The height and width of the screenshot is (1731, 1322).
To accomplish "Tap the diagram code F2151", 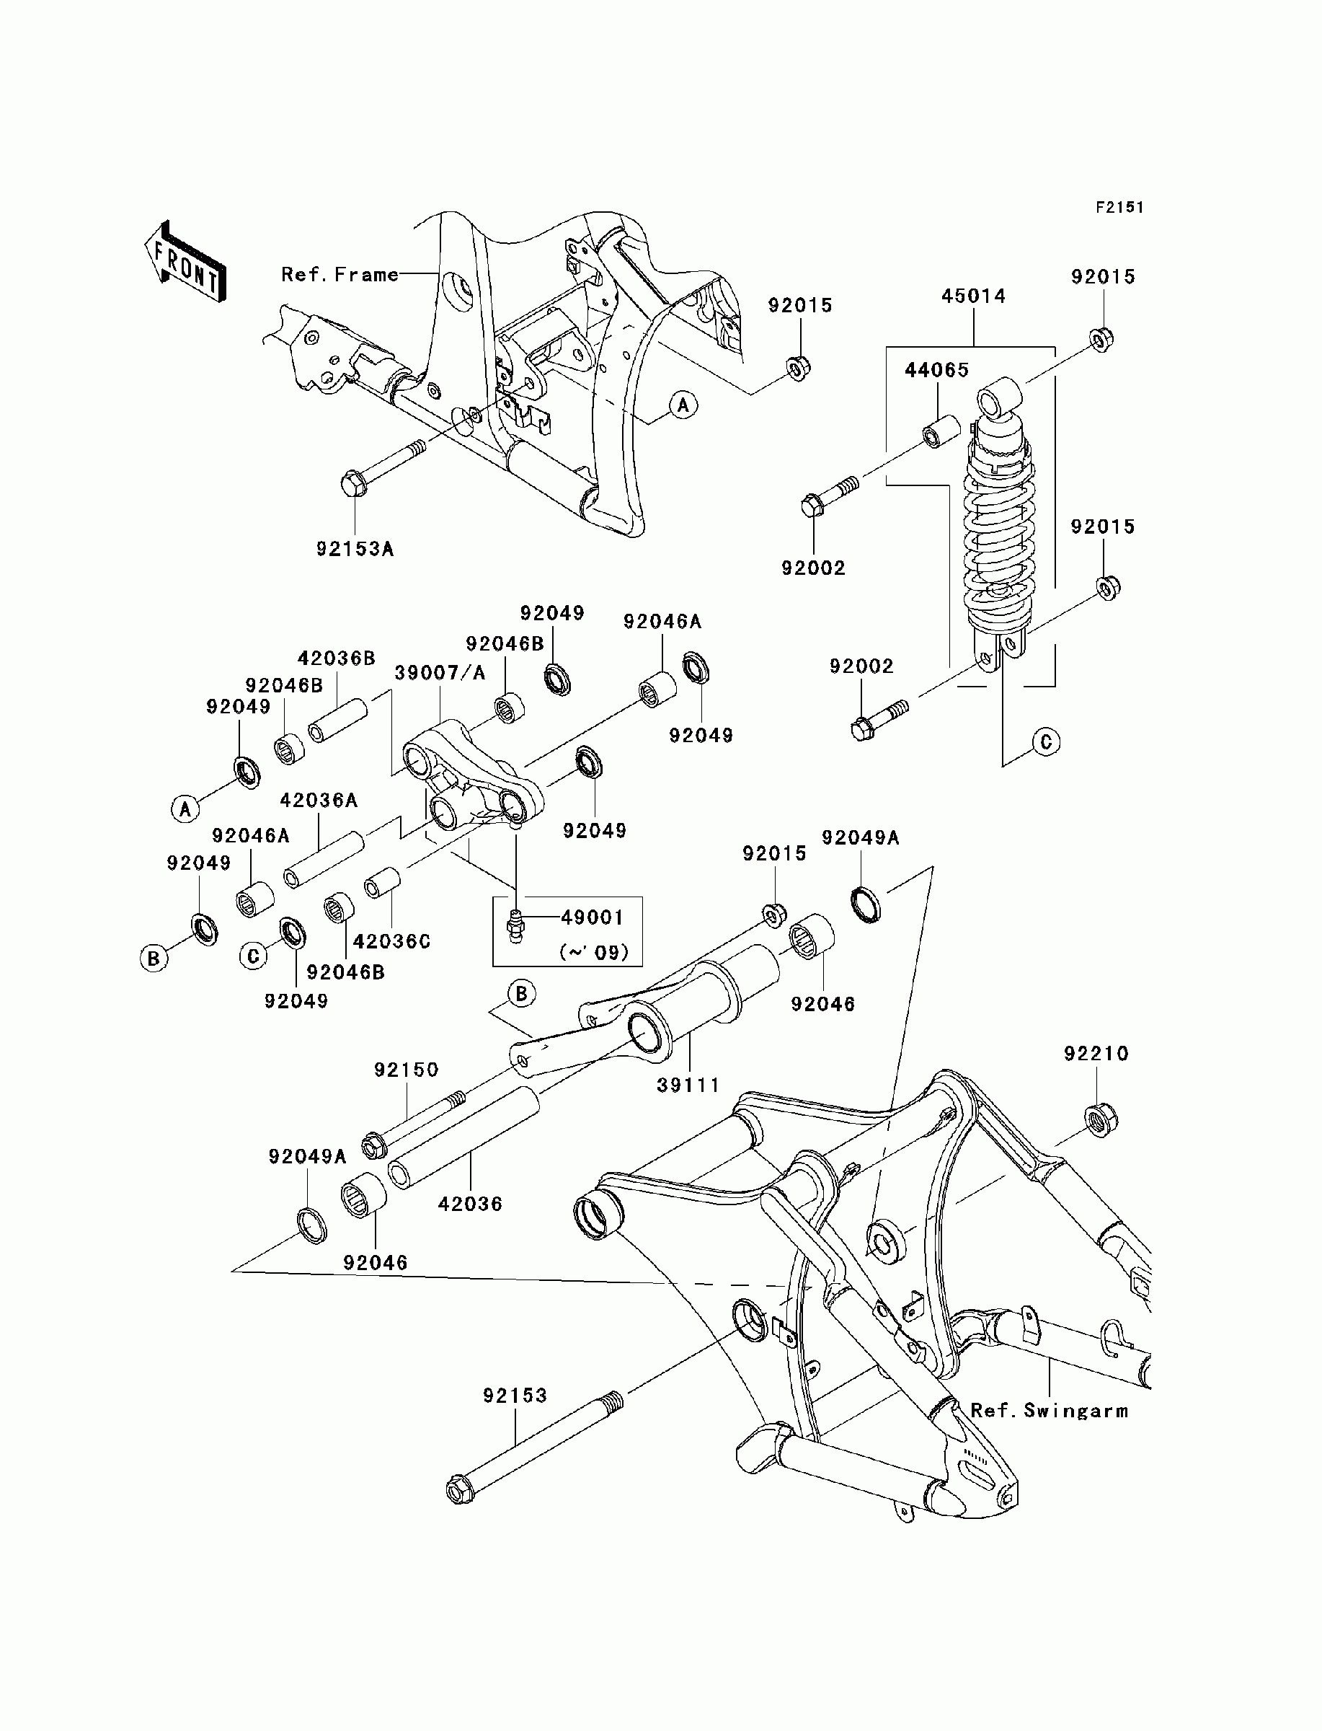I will pos(1119,208).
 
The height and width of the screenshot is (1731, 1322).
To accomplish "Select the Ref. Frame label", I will pos(340,275).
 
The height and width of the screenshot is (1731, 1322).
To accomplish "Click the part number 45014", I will pos(973,296).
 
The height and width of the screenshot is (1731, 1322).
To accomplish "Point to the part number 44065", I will pos(936,370).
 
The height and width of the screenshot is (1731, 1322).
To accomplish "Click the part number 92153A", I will pos(355,549).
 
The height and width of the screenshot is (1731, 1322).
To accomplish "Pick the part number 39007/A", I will pos(440,673).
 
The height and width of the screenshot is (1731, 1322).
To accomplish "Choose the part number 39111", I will pos(688,1085).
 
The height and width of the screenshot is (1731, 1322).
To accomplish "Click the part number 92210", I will pos(1096,1053).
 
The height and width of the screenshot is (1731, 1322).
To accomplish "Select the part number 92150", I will pos(406,1070).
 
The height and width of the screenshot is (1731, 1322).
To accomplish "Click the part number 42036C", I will pos(392,941).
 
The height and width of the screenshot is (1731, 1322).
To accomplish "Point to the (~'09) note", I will pos(594,953).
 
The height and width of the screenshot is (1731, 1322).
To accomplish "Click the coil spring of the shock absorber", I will pos(999,535).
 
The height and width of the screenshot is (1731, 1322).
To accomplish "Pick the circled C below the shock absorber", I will pos(1046,741).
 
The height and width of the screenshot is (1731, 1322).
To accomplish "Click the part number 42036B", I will pos(336,658).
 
